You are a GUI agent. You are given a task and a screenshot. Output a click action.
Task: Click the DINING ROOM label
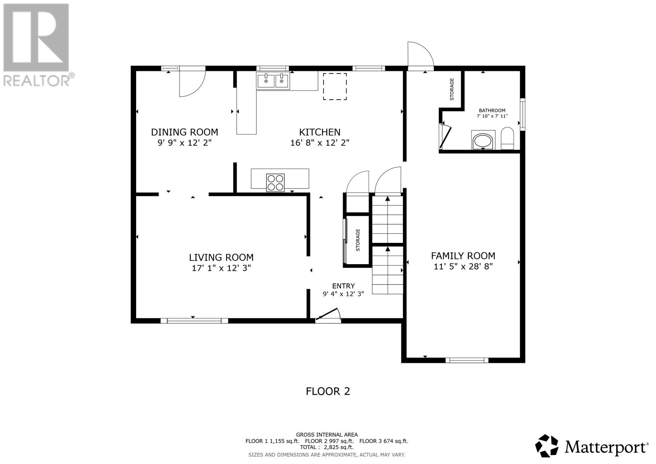[184, 132]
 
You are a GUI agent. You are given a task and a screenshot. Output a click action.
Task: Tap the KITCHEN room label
[319, 132]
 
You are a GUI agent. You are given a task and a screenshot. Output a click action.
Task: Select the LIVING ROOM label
[221, 257]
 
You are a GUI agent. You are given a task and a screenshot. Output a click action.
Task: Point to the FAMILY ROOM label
[463, 256]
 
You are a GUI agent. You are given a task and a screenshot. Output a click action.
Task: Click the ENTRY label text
[343, 286]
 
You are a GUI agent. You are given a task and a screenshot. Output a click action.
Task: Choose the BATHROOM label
[492, 110]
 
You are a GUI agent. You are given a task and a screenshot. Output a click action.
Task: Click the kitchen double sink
[273, 80]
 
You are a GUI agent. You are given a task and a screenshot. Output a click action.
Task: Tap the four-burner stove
[275, 183]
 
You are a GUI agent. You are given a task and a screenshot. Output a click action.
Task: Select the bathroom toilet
[508, 139]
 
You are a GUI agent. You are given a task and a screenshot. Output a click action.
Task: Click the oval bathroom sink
[483, 141]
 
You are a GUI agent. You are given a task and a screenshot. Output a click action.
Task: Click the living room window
[194, 321]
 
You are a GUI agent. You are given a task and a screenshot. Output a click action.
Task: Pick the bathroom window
[522, 114]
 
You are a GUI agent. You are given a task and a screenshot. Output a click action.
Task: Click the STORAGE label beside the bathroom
[451, 89]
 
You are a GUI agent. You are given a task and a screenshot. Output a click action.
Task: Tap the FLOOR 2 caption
[328, 391]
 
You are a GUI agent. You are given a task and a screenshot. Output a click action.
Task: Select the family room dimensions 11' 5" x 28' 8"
[463, 266]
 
